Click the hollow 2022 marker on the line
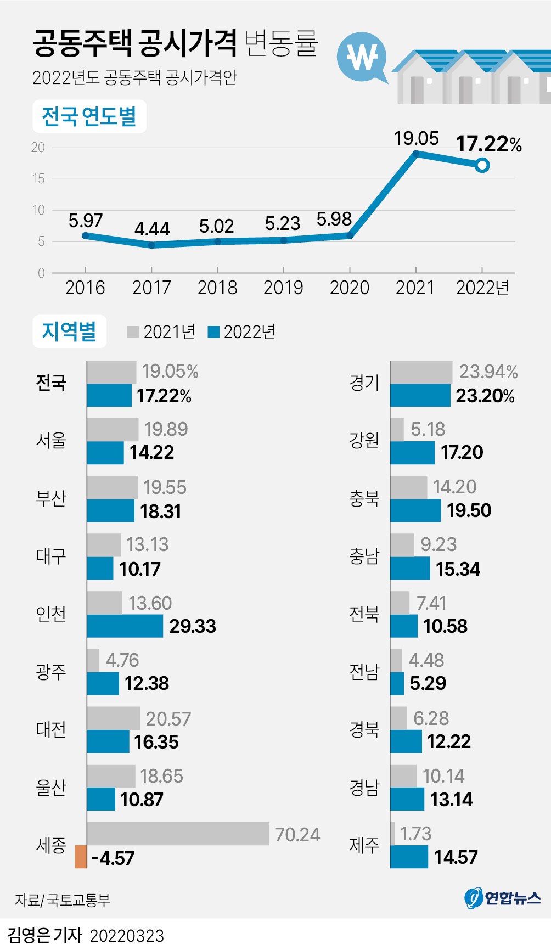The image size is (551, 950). (x=482, y=165)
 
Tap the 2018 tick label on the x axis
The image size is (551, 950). (x=217, y=288)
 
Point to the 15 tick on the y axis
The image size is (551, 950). (x=38, y=179)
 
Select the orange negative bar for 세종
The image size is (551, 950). (x=81, y=857)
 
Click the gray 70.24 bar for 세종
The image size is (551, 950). (x=178, y=834)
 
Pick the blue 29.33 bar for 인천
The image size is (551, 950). (x=125, y=626)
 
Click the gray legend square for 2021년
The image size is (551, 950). (x=133, y=331)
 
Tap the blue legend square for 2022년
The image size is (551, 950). (x=214, y=331)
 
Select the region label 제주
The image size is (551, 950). (x=364, y=845)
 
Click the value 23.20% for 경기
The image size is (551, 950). (x=485, y=396)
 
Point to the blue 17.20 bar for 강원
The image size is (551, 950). (x=412, y=453)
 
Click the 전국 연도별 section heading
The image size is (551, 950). (x=89, y=116)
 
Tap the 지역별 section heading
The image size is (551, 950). (x=69, y=331)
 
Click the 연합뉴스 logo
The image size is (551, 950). (x=503, y=898)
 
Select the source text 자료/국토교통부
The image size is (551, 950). (x=62, y=900)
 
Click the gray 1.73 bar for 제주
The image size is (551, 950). (x=392, y=834)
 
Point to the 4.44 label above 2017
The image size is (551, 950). (x=152, y=229)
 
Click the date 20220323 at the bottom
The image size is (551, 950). (x=127, y=936)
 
